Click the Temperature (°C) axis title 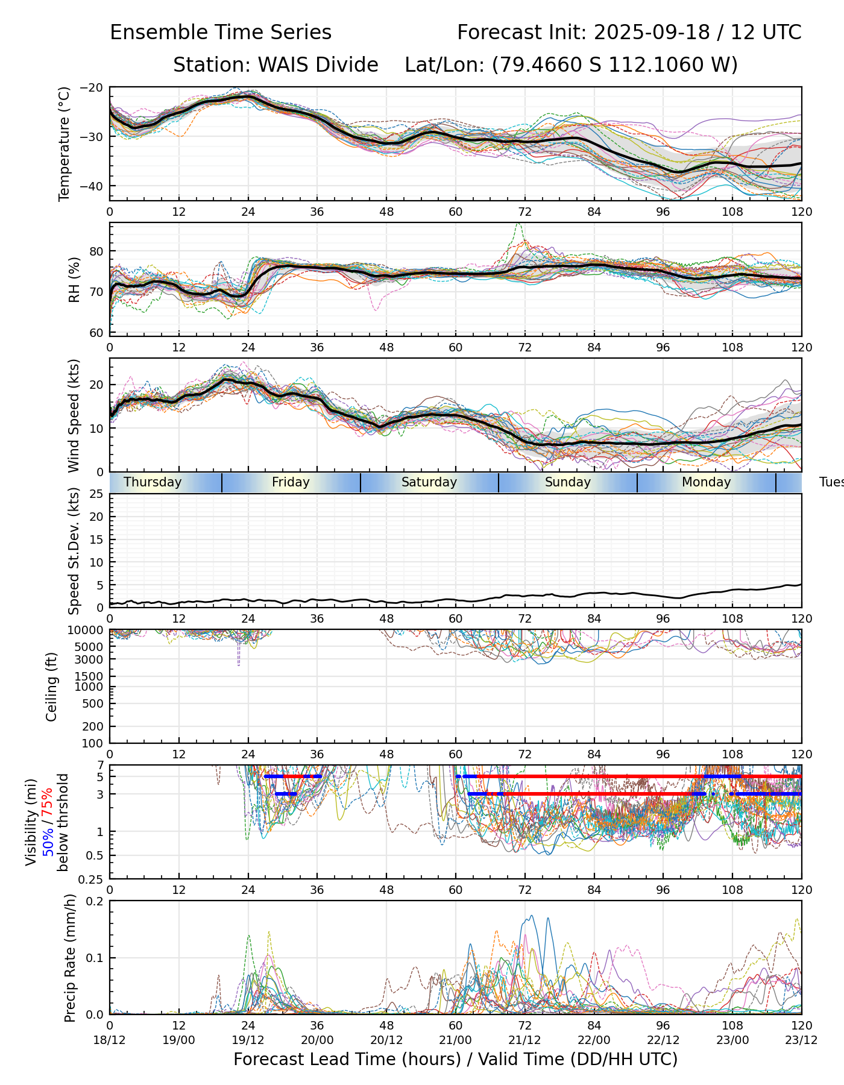(x=65, y=143)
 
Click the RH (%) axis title (x=75, y=280)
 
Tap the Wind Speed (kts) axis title (x=74, y=415)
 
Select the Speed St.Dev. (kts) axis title (x=74, y=550)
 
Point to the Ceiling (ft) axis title (x=52, y=687)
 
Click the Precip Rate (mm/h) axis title (x=70, y=958)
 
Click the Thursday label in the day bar (x=153, y=482)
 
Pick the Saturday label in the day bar (x=429, y=482)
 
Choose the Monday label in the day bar (x=706, y=482)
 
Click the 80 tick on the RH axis (x=96, y=251)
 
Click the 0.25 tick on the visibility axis (x=92, y=879)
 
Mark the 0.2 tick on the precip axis (x=95, y=901)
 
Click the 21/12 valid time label (x=524, y=1040)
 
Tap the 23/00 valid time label (x=732, y=1040)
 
